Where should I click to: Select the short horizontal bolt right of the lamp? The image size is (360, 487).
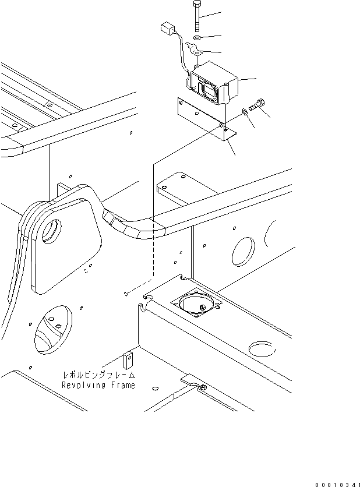[x=256, y=106]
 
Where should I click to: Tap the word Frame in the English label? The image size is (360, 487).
[x=122, y=385]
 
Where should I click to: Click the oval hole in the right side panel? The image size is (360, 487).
[x=243, y=250]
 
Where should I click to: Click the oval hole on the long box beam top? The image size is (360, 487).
[x=260, y=348]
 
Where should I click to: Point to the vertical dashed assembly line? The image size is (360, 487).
[x=151, y=227]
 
